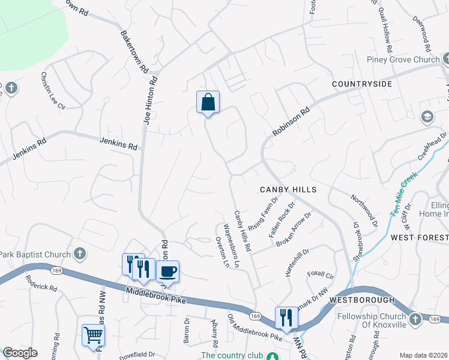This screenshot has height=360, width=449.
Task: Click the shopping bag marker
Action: [208, 102]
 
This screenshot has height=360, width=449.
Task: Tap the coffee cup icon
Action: [168, 271]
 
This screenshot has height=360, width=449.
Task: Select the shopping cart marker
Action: [93, 335]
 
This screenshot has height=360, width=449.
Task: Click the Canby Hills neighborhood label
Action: [288, 190]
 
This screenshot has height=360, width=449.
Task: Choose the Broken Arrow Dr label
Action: [294, 229]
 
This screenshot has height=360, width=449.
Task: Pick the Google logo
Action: [20, 353]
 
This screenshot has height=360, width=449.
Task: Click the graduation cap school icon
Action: [427, 116]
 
